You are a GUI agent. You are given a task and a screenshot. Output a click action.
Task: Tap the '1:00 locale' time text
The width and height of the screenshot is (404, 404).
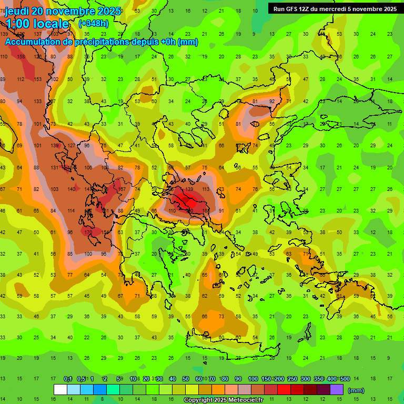pos(37,24)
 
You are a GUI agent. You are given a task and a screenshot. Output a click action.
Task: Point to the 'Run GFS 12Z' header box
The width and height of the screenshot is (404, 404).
pos(335,8)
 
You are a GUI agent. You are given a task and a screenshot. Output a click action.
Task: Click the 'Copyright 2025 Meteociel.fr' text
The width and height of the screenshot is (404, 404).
pos(223,400)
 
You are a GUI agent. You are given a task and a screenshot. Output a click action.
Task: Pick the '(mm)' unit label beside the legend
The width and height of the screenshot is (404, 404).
pos(356,390)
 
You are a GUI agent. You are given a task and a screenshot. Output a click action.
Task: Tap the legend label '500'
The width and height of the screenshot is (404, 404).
pos(345,379)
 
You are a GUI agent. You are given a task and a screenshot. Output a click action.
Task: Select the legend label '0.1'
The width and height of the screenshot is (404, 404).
pos(68,379)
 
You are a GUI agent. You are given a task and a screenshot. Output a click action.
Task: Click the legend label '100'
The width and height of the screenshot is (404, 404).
pos(253,379)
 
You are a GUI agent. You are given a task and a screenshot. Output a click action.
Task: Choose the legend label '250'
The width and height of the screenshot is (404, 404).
pos(292,379)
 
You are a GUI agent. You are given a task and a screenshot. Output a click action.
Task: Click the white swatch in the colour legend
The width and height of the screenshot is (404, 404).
pos(60,389)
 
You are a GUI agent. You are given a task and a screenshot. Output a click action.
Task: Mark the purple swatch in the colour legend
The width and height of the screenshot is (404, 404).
pos(337,389)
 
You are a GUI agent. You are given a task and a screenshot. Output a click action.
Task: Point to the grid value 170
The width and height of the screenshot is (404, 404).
pos(88,232)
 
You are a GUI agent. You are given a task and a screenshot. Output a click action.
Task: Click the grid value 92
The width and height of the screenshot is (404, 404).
pos(272,102)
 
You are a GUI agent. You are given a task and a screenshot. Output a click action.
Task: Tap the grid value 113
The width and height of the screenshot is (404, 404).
pos(206,189)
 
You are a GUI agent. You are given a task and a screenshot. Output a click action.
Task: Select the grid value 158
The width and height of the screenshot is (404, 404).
pos(21,56)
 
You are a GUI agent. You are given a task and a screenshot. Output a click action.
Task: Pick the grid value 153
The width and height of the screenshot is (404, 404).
pos(37,79)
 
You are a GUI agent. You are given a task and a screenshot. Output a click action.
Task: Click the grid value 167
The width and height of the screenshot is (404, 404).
pos(122,189)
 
